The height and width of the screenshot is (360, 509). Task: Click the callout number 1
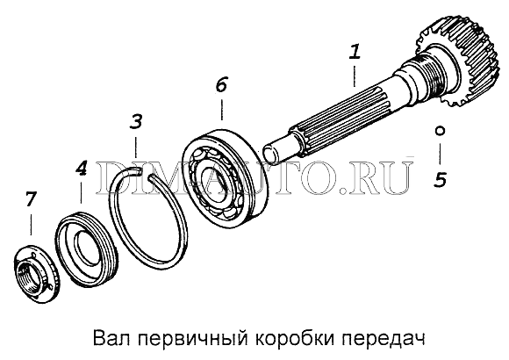click(355, 52)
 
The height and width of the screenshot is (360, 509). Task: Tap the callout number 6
click(221, 84)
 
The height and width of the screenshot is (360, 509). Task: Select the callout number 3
click(136, 121)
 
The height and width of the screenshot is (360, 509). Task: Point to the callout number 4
click(81, 169)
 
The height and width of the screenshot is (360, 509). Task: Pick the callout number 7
click(30, 198)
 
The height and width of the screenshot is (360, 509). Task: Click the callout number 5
click(441, 179)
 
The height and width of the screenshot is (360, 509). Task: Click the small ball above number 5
click(440, 131)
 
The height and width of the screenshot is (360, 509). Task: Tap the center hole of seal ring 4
click(85, 246)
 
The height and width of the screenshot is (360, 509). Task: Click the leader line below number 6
click(222, 110)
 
